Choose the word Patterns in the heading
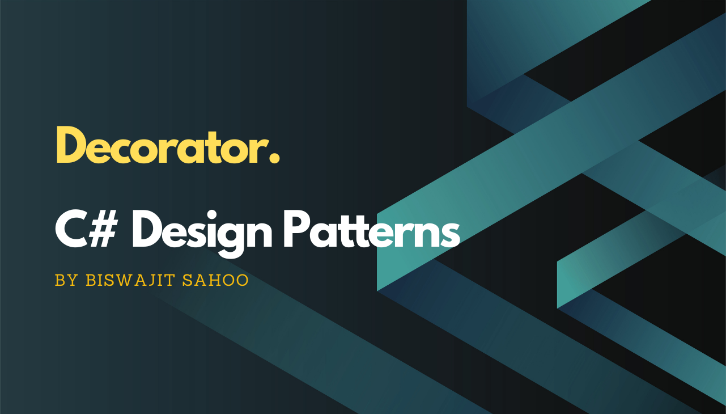(x=371, y=232)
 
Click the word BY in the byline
(x=66, y=281)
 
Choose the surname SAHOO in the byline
(x=215, y=281)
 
